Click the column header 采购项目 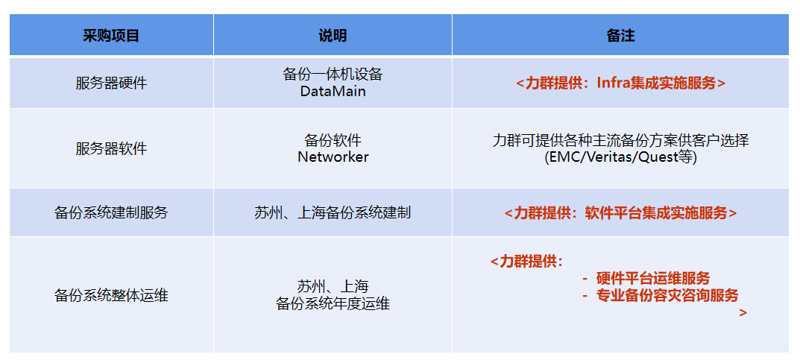coord(110,35)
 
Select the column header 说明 coord(333,35)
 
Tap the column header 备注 coord(620,35)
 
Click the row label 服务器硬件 coord(111,83)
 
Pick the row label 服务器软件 coord(111,149)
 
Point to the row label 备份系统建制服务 coord(111,212)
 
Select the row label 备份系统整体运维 coord(111,294)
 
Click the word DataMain coord(333,92)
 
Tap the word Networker coord(333,157)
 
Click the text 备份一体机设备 coord(333,75)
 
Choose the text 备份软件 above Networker coord(333,139)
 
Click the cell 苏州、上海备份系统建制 coord(333,212)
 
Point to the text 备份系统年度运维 coord(333,304)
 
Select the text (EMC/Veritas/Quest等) coord(620,157)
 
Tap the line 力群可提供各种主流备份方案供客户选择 coord(620,140)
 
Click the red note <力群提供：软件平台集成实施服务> coord(620,212)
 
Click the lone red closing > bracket coord(743,312)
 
